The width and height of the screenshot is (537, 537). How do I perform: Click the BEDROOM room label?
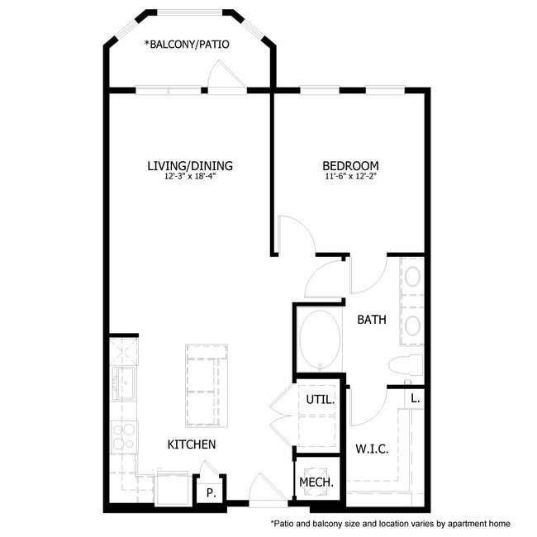click(350, 166)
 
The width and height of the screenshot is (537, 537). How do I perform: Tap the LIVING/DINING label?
click(190, 166)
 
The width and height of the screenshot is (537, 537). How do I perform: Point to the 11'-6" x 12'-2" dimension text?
click(350, 177)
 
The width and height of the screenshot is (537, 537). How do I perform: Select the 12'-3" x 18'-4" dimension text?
click(190, 177)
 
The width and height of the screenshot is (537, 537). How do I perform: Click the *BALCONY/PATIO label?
click(187, 44)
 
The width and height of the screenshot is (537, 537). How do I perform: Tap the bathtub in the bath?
click(320, 339)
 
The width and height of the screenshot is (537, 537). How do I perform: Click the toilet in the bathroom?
click(406, 365)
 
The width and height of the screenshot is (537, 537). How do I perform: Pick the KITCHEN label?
click(192, 444)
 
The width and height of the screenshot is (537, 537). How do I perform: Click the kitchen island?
click(207, 386)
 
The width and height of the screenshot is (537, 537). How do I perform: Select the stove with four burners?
click(124, 437)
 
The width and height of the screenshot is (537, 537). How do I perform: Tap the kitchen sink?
click(124, 383)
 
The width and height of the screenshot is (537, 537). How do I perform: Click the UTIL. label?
click(321, 400)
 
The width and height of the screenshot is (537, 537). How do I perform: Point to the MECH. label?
click(316, 482)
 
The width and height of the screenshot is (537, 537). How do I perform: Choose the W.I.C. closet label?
click(372, 449)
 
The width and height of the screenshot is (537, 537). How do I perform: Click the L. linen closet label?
click(415, 399)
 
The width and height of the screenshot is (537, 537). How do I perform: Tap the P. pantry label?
click(211, 493)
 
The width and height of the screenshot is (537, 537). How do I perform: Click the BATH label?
click(372, 320)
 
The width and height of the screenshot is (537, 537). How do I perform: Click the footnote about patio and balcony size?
click(391, 524)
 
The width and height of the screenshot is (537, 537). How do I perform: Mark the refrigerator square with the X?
click(124, 352)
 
